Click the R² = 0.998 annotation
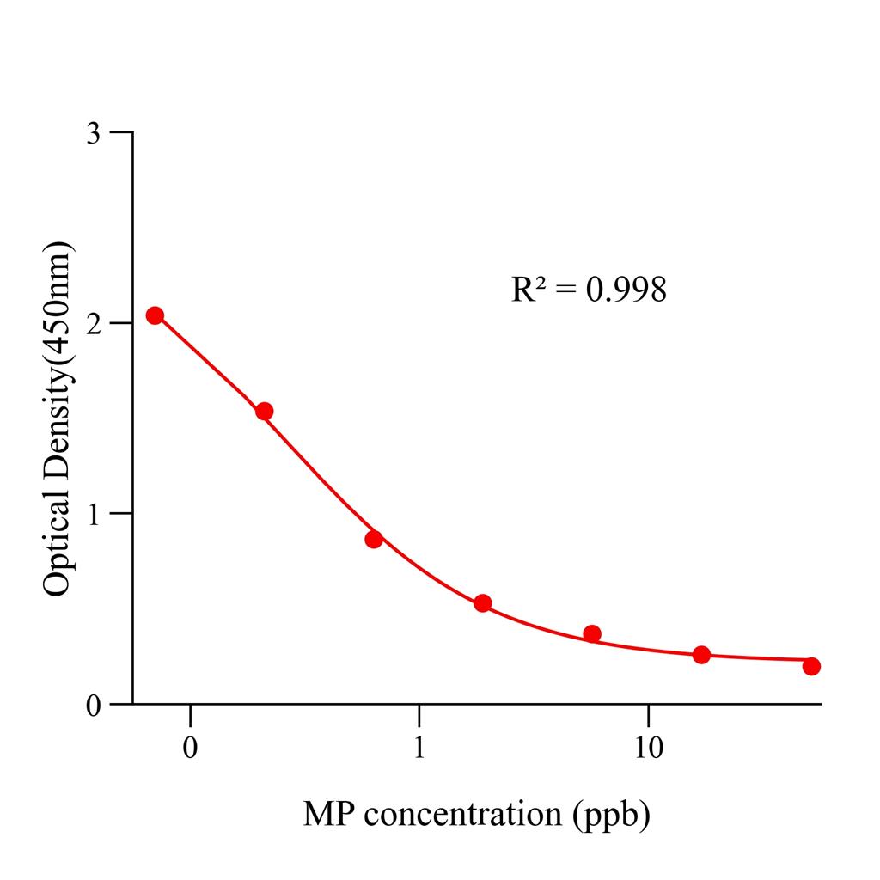[x=589, y=290]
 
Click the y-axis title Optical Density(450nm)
[x=58, y=419]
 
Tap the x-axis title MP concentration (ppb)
[x=476, y=813]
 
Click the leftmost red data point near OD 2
[x=155, y=315]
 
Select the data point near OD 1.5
[x=264, y=412]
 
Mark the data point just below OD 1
[x=373, y=540]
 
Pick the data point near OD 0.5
[x=482, y=603]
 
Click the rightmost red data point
[x=811, y=666]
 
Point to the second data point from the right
[x=701, y=655]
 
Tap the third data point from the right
[x=592, y=634]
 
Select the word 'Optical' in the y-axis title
[x=58, y=547]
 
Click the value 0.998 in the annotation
[x=626, y=290]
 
